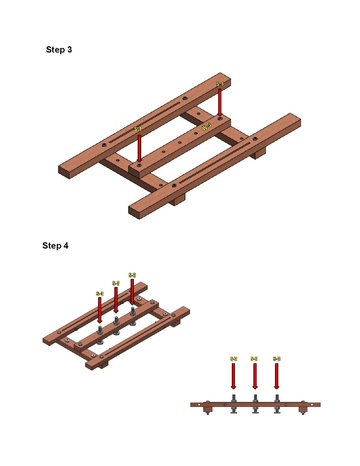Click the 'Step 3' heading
(x=59, y=49)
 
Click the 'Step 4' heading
(x=56, y=245)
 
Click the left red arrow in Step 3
(x=138, y=149)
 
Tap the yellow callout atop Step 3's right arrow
(x=220, y=85)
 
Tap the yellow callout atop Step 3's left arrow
(x=138, y=130)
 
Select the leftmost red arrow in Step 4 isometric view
(x=100, y=310)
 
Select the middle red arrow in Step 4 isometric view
(x=116, y=301)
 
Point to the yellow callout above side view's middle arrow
(x=254, y=359)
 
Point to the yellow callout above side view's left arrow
(x=232, y=359)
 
